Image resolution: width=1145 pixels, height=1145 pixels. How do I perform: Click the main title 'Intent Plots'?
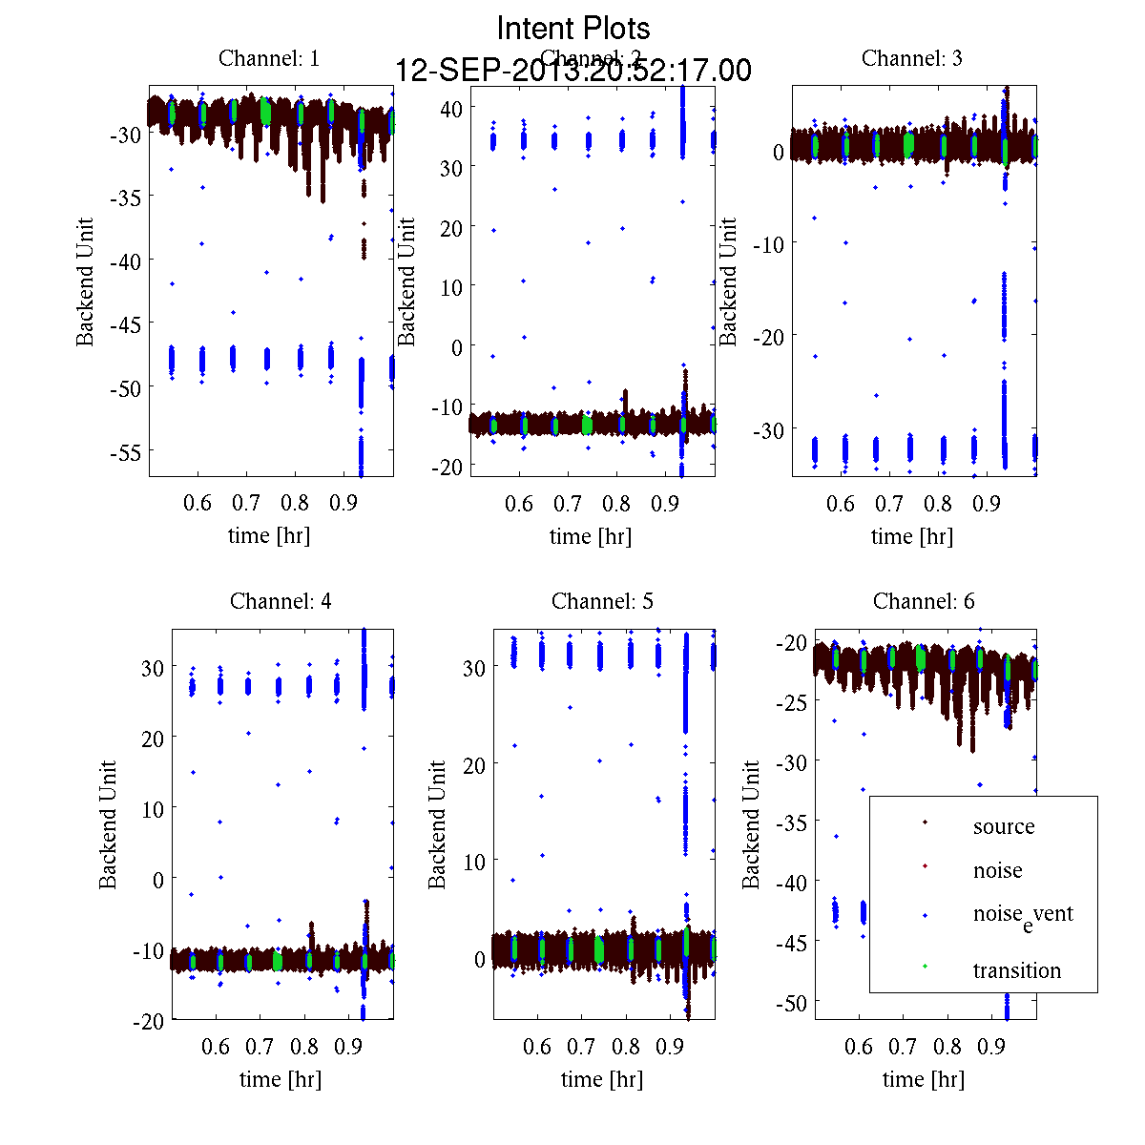pos(573,28)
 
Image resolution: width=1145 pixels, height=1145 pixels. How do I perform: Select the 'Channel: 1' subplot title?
pos(269,58)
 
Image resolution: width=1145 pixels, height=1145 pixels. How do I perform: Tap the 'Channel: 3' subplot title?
pos(912,58)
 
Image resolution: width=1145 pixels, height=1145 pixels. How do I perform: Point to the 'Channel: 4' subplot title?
pos(281,601)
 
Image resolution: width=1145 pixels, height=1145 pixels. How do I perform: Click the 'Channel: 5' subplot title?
pos(602,601)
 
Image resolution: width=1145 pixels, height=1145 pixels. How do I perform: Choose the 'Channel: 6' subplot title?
pos(924,601)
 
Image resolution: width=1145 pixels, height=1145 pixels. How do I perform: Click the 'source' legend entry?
pos(1003,826)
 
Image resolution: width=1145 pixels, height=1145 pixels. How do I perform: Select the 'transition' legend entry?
pos(1016,970)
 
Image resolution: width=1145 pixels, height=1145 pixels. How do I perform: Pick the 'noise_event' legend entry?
pos(1022,914)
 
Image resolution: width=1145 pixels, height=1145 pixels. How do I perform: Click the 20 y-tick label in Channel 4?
pos(153,738)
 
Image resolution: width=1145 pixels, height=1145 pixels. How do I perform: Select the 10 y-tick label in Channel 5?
pos(474,861)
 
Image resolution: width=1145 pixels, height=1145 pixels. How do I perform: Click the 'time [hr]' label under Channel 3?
pos(912,536)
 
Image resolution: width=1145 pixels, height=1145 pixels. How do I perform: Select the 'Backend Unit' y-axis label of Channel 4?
pos(109,824)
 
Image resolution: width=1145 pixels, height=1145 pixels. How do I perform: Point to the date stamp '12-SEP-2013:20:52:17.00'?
pos(573,71)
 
